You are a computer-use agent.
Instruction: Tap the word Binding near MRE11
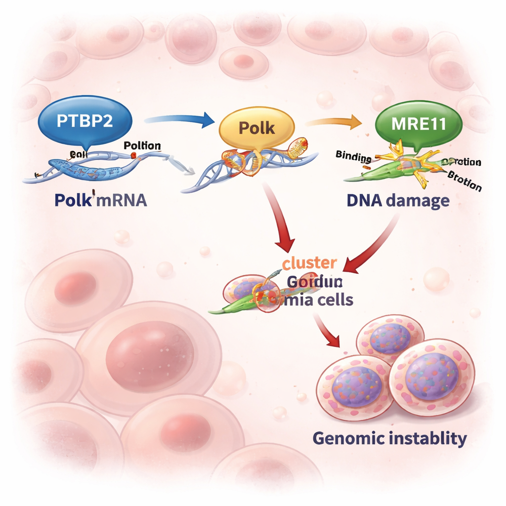353,157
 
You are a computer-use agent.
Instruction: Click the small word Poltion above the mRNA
142,145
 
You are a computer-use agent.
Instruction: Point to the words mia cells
317,299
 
